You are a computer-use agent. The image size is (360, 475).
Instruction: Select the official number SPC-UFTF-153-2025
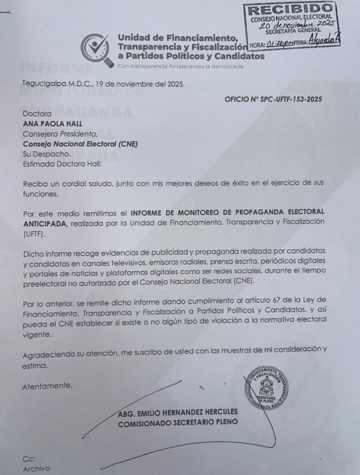click(x=292, y=99)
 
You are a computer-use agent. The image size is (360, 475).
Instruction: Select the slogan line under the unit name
click(x=180, y=66)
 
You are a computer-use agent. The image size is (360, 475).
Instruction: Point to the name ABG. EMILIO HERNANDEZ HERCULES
click(x=178, y=412)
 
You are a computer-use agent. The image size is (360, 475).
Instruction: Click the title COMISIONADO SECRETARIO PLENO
click(x=178, y=422)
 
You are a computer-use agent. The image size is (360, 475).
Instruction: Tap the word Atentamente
click(x=47, y=385)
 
